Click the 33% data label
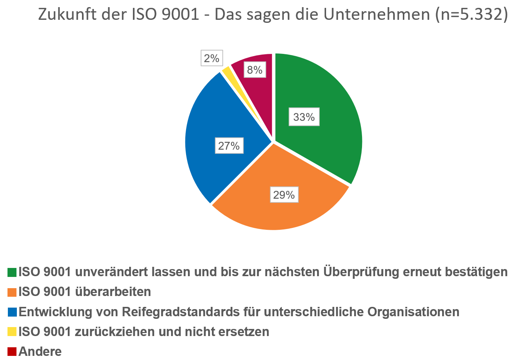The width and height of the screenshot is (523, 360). pyautogui.click(x=304, y=118)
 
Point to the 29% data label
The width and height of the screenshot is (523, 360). pyautogui.click(x=284, y=195)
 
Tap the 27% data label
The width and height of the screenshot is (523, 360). pyautogui.click(x=229, y=146)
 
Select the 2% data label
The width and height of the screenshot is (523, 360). pyautogui.click(x=212, y=58)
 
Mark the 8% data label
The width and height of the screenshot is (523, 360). pyautogui.click(x=255, y=70)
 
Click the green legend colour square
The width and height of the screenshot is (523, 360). pyautogui.click(x=12, y=272)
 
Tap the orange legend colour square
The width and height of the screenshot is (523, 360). pyautogui.click(x=12, y=292)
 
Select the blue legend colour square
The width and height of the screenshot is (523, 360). pyautogui.click(x=12, y=312)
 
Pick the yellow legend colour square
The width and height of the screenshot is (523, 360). pyautogui.click(x=12, y=332)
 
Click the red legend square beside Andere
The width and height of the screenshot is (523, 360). pyautogui.click(x=12, y=351)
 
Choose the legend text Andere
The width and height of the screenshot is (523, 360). pyautogui.click(x=40, y=351)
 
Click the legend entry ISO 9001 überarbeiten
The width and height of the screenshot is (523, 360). pyautogui.click(x=85, y=292)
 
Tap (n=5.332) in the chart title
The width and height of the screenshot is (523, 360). pyautogui.click(x=471, y=15)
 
